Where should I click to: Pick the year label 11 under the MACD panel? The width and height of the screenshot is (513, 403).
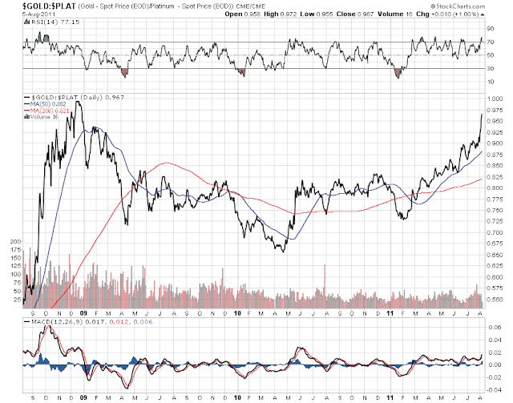(x=389, y=397)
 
